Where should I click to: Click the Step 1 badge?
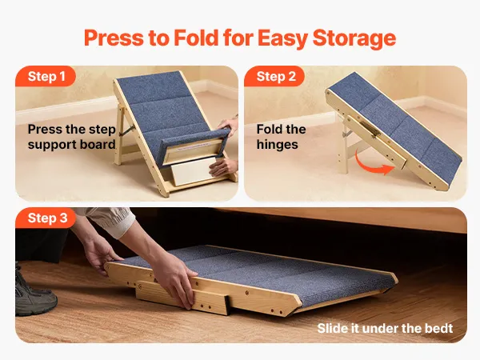[46, 76]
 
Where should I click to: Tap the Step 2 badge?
[274, 76]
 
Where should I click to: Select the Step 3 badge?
[46, 218]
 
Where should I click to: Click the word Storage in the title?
[354, 38]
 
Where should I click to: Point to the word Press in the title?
[114, 38]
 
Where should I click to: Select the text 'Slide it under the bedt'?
[385, 328]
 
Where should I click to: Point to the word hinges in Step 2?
[277, 145]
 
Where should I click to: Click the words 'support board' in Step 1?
[72, 145]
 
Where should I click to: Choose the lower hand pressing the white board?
[223, 167]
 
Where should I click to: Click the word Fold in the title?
[197, 38]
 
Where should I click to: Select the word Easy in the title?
[282, 38]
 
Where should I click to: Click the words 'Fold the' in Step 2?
[281, 129]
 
